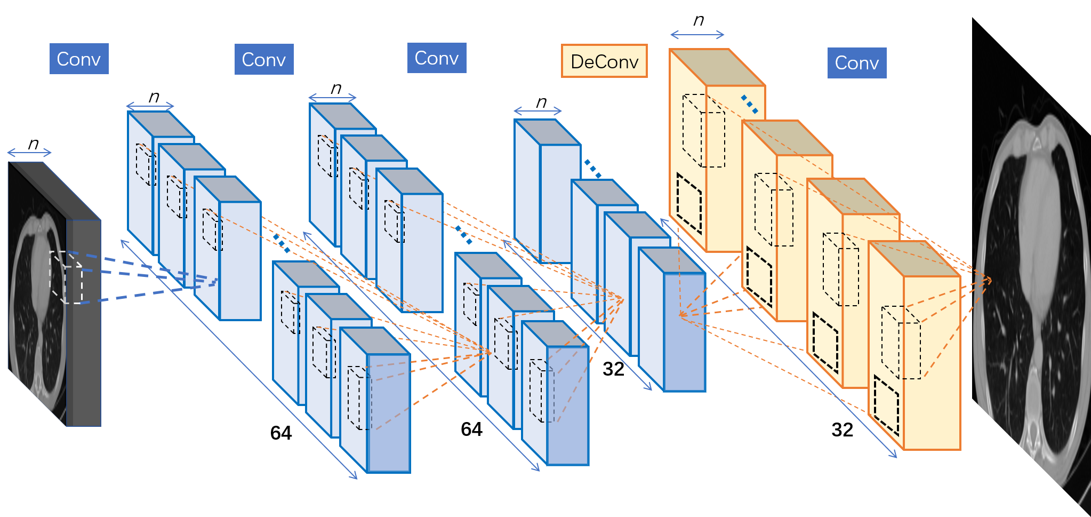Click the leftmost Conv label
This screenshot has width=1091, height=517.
pos(79,59)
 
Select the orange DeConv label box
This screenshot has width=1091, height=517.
pos(604,61)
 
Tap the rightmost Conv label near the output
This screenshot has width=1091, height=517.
pos(857,63)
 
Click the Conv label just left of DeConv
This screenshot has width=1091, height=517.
pos(437,58)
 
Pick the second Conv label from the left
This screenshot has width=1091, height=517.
pos(264,59)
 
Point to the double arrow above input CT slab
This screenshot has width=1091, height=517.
pos(29,153)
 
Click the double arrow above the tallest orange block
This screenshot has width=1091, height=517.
pos(697,35)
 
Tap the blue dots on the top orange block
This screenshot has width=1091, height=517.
pos(749,104)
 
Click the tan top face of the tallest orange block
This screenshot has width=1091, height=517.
pos(717,67)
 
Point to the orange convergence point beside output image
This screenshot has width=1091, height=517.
pos(990,279)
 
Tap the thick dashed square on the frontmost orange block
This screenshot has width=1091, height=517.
pos(887,405)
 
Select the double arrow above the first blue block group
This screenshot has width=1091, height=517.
pos(150,106)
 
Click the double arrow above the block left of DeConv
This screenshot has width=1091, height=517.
pos(538,111)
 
